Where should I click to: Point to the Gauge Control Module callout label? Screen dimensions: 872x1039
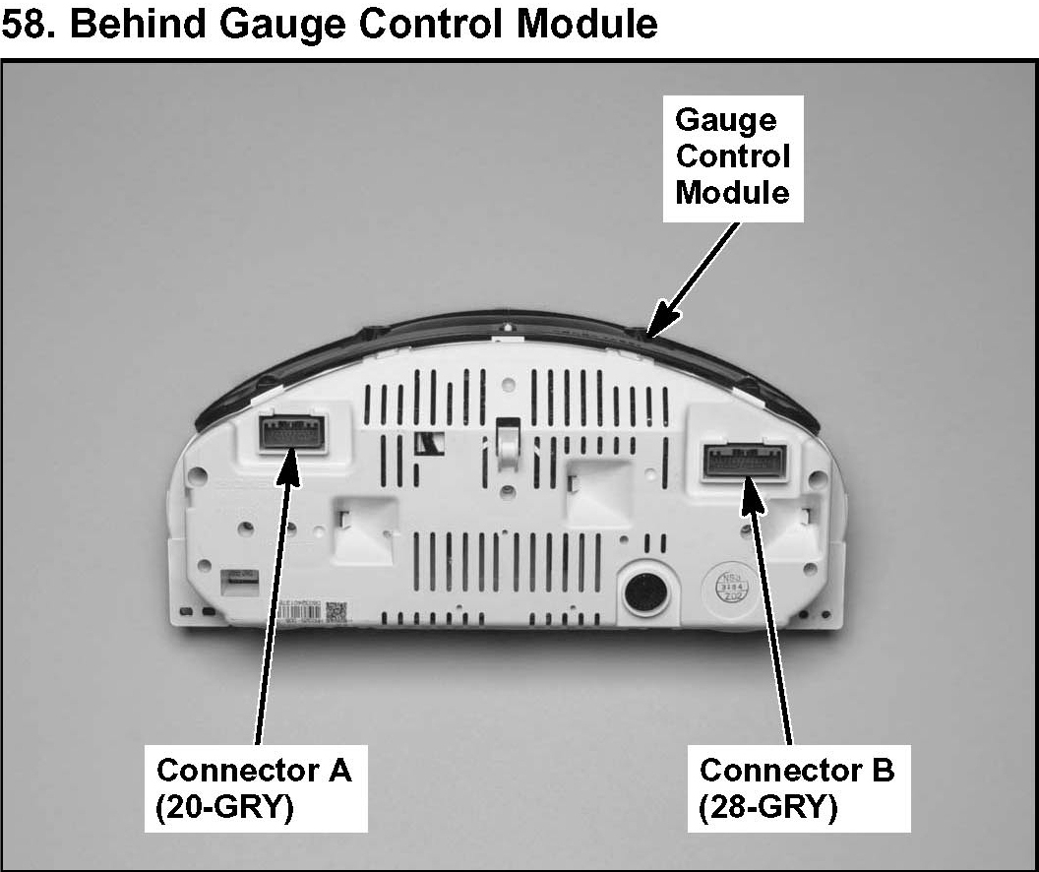point(733,157)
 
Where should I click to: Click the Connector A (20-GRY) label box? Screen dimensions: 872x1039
point(256,787)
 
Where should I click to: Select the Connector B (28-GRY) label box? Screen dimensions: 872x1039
point(797,787)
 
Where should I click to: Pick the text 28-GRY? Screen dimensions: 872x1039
point(769,807)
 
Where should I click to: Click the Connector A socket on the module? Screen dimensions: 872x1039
point(293,434)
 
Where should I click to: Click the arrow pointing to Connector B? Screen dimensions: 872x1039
point(772,610)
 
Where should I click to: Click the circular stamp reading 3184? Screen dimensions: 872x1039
point(732,588)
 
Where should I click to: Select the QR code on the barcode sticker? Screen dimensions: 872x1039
point(336,610)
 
